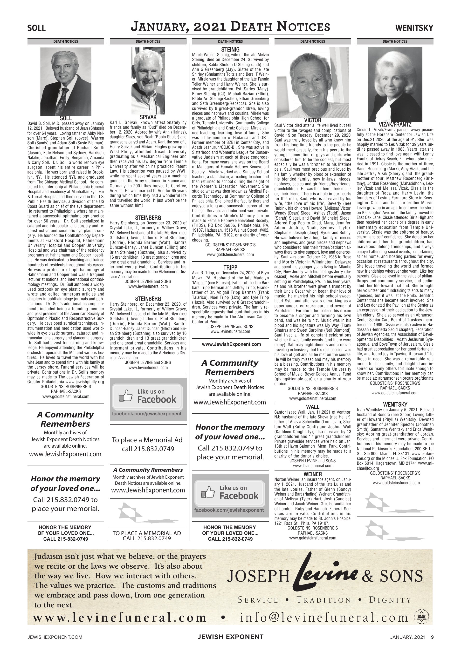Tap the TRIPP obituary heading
tap(230, 268)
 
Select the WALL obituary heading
tap(313, 407)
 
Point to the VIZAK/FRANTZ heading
tap(395, 125)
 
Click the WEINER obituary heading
tap(313, 474)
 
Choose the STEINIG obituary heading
tap(230, 50)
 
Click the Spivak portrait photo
tap(148, 81)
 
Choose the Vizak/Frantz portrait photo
tap(395, 84)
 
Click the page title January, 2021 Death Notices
tap(230, 27)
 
